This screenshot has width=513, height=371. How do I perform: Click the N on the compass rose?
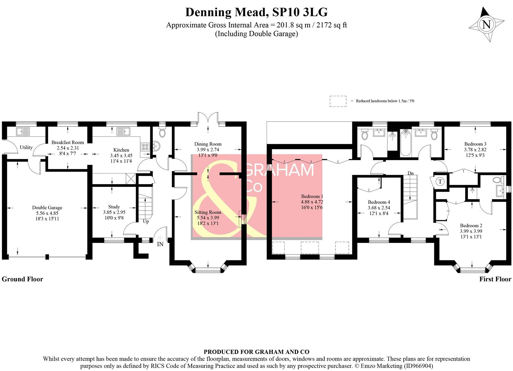click(x=487, y=24)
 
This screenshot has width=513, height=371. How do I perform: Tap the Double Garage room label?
click(x=47, y=207)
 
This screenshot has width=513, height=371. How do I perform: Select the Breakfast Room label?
click(x=67, y=143)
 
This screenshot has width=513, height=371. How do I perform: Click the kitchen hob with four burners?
click(x=145, y=147)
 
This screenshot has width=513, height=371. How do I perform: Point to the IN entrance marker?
click(x=160, y=244)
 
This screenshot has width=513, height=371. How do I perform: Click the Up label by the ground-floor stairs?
click(x=146, y=222)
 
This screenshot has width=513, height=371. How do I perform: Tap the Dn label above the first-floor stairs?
click(x=410, y=173)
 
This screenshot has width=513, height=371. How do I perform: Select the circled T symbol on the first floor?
click(x=440, y=182)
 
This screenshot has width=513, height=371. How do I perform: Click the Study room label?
click(x=114, y=207)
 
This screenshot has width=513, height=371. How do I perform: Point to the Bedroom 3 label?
click(x=475, y=144)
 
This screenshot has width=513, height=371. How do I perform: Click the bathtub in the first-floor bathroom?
click(x=406, y=143)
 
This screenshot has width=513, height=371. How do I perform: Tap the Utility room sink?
click(x=23, y=132)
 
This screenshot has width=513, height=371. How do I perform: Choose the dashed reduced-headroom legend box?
click(x=338, y=101)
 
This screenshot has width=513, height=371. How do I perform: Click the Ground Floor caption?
click(x=22, y=279)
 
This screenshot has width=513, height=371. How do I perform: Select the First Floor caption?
click(x=495, y=279)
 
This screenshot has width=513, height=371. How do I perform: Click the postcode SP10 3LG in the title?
click(x=300, y=12)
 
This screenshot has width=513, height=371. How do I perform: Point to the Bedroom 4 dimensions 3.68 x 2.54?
click(x=379, y=208)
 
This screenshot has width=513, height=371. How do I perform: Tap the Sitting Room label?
click(x=208, y=212)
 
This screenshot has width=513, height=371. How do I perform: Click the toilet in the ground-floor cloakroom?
click(x=162, y=132)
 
